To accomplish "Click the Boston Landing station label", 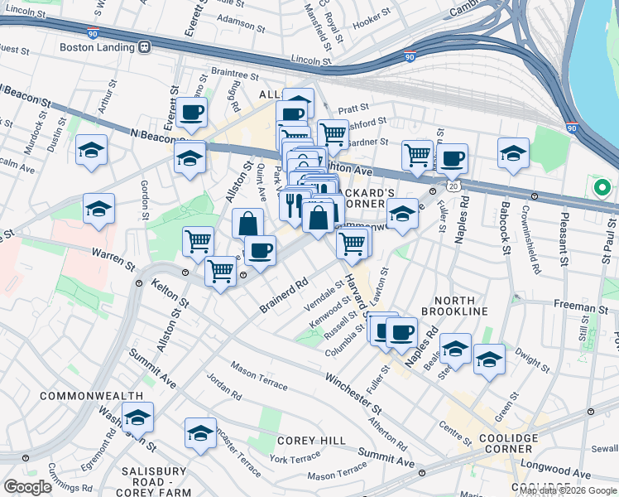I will click(x=95, y=46).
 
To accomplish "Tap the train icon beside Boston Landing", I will click(x=144, y=46).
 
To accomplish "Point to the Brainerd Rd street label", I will click(x=283, y=296).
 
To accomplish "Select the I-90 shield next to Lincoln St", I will click(x=410, y=57).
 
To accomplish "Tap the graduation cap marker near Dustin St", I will click(x=91, y=151).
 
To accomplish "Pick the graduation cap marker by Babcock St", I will click(x=513, y=153).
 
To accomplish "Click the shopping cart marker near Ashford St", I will click(x=332, y=133).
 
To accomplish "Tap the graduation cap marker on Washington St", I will click(x=137, y=417).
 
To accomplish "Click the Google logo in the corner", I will click(x=27, y=487).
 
